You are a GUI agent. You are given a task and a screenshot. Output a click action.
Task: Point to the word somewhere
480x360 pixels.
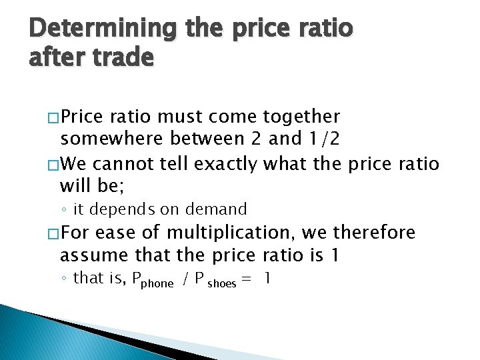pos(111,139)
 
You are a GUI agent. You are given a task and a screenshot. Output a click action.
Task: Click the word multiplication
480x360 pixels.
pos(223,233)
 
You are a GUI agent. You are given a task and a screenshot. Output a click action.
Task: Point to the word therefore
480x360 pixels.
pos(375,233)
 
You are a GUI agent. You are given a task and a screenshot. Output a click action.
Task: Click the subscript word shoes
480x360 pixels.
pos(222,283)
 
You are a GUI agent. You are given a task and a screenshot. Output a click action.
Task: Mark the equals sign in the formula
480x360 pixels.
pos(247,279)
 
